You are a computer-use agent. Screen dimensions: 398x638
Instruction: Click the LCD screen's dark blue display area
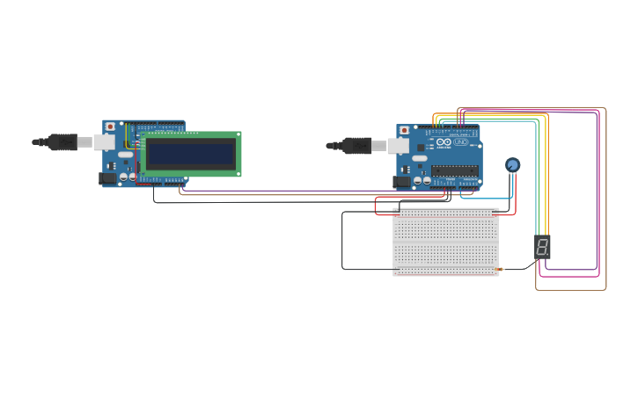(191, 155)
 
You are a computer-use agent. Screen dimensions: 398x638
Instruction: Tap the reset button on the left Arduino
(109, 127)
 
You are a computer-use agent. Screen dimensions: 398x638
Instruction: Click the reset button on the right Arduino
(404, 130)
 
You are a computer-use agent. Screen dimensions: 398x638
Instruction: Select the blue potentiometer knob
(512, 164)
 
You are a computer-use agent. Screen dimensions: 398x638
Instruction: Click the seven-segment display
(542, 246)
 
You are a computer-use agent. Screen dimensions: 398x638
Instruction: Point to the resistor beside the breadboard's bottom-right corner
(499, 269)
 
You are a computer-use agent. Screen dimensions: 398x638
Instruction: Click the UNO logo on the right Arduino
(460, 142)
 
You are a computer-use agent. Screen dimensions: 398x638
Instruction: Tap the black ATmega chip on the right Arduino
(455, 170)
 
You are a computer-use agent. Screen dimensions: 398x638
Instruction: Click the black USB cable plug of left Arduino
(63, 141)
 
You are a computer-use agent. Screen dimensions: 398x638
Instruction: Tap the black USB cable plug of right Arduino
(356, 145)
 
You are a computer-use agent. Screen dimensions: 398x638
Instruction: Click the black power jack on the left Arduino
(108, 178)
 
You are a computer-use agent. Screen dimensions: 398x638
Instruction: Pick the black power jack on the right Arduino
(402, 182)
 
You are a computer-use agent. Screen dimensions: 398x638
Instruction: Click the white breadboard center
(445, 242)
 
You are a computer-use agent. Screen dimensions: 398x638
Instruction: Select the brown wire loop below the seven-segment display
(572, 290)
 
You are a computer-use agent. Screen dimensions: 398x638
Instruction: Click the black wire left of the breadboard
(342, 242)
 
